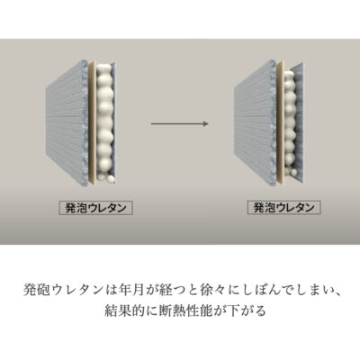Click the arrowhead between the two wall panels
pos(206,123)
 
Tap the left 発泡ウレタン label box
pos(95,208)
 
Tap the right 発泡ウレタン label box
pos(284,207)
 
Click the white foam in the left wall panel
pos(104,120)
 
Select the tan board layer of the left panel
pos(93,123)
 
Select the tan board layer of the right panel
pos(280,123)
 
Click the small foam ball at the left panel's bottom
pos(111,180)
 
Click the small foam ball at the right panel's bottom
pos(294,173)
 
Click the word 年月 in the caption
pos(130,291)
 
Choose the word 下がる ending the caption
pos(246,310)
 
